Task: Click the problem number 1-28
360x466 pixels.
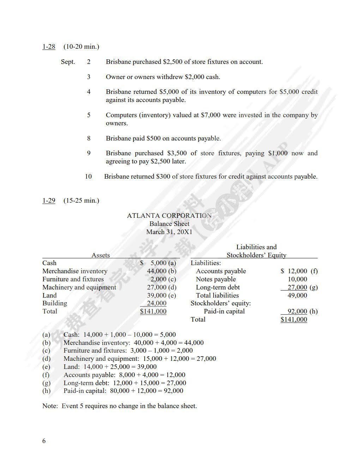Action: tap(49, 47)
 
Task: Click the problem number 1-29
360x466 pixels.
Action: tap(49, 201)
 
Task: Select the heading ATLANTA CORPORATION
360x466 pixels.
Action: tap(169, 216)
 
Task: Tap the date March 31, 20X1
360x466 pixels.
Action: tap(169, 232)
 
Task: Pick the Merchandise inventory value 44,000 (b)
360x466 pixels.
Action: tap(161, 271)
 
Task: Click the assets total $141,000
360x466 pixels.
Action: tap(153, 311)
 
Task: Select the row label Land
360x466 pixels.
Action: tap(49, 295)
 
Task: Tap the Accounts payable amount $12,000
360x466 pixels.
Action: tap(294, 271)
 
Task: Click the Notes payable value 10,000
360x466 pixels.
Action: tap(297, 279)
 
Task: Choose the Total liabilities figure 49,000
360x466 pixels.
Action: tap(297, 295)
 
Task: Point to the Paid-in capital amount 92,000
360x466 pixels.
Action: tap(297, 311)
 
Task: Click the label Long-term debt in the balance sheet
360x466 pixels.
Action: tap(218, 287)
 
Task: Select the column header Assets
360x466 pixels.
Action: tap(101, 255)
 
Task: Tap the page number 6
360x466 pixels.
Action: tap(44, 441)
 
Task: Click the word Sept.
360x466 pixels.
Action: tap(68, 62)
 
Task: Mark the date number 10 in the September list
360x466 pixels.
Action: tap(88, 177)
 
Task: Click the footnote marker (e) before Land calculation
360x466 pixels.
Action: tap(46, 367)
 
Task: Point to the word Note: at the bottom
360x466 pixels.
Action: tap(50, 406)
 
